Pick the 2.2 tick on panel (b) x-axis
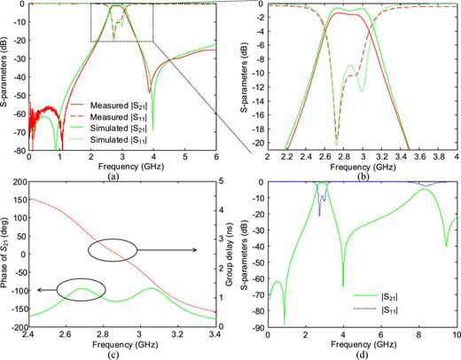coord(286,157)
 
